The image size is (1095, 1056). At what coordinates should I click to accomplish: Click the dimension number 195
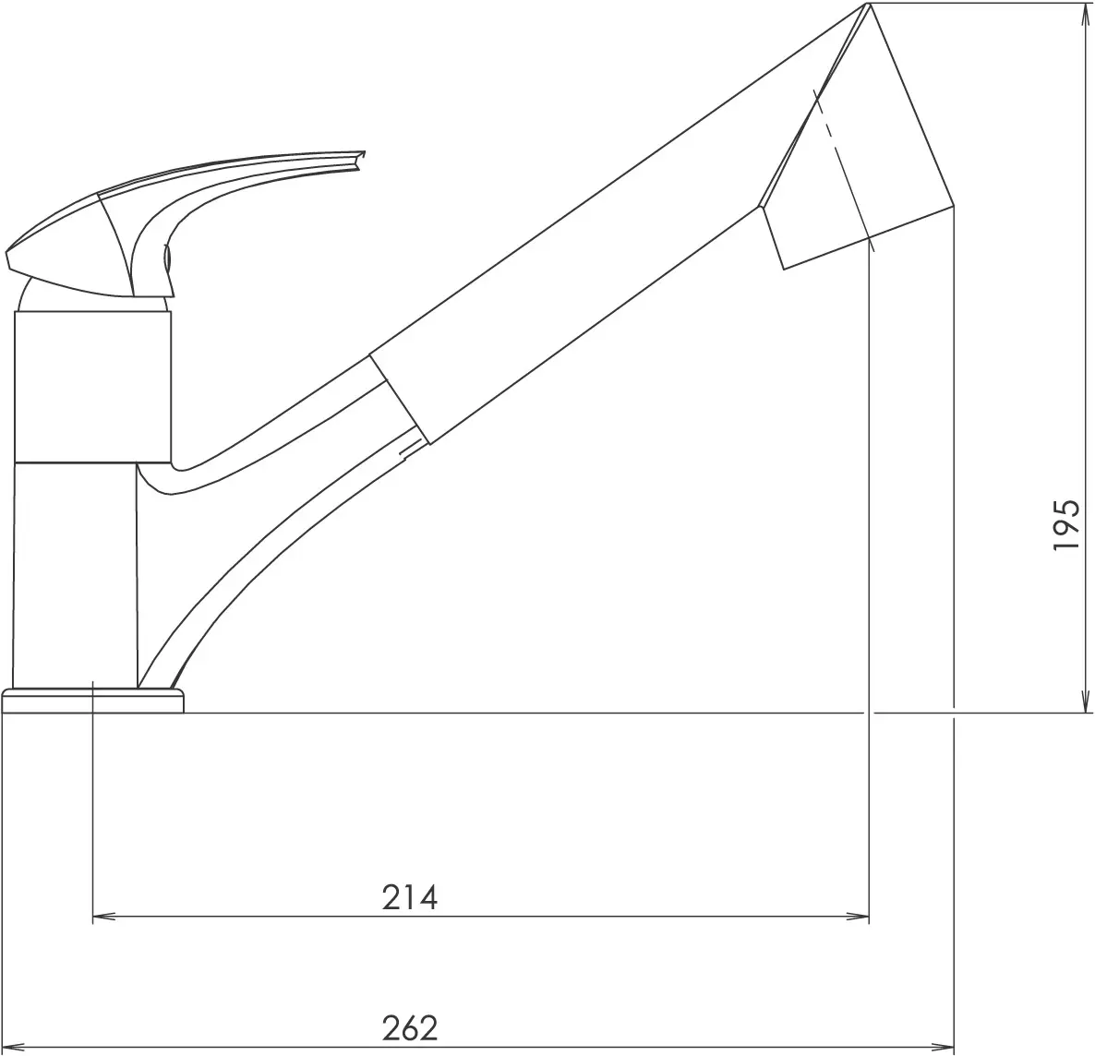point(1065,524)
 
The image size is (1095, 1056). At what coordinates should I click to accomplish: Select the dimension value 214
point(410,897)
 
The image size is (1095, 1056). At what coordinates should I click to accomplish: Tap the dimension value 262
point(410,1027)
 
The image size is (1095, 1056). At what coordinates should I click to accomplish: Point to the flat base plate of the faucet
point(93,702)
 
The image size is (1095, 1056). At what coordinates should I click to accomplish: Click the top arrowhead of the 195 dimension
point(1085,14)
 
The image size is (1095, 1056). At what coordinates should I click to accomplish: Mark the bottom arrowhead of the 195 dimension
point(1085,701)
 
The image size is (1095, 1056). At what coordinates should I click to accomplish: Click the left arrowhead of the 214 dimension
point(104,916)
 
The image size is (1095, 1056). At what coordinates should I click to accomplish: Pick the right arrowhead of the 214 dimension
point(857,916)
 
